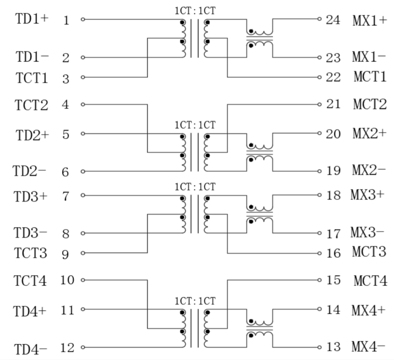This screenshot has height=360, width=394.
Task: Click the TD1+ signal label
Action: [x=32, y=19]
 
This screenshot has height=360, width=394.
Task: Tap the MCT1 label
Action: [x=369, y=77]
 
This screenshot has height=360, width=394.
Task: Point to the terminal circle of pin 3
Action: [x=83, y=77]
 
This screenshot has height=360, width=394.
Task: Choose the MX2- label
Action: [x=368, y=171]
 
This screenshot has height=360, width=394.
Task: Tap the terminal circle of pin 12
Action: [x=83, y=347]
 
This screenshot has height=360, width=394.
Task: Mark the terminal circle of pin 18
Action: [x=319, y=195]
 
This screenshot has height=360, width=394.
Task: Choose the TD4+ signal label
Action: [x=30, y=311]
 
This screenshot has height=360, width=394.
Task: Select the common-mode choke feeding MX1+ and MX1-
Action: [x=259, y=38]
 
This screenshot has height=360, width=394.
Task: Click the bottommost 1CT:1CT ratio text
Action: [x=195, y=301]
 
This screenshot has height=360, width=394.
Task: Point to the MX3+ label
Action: [x=368, y=195]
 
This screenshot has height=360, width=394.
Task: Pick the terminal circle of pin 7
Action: [x=83, y=195]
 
